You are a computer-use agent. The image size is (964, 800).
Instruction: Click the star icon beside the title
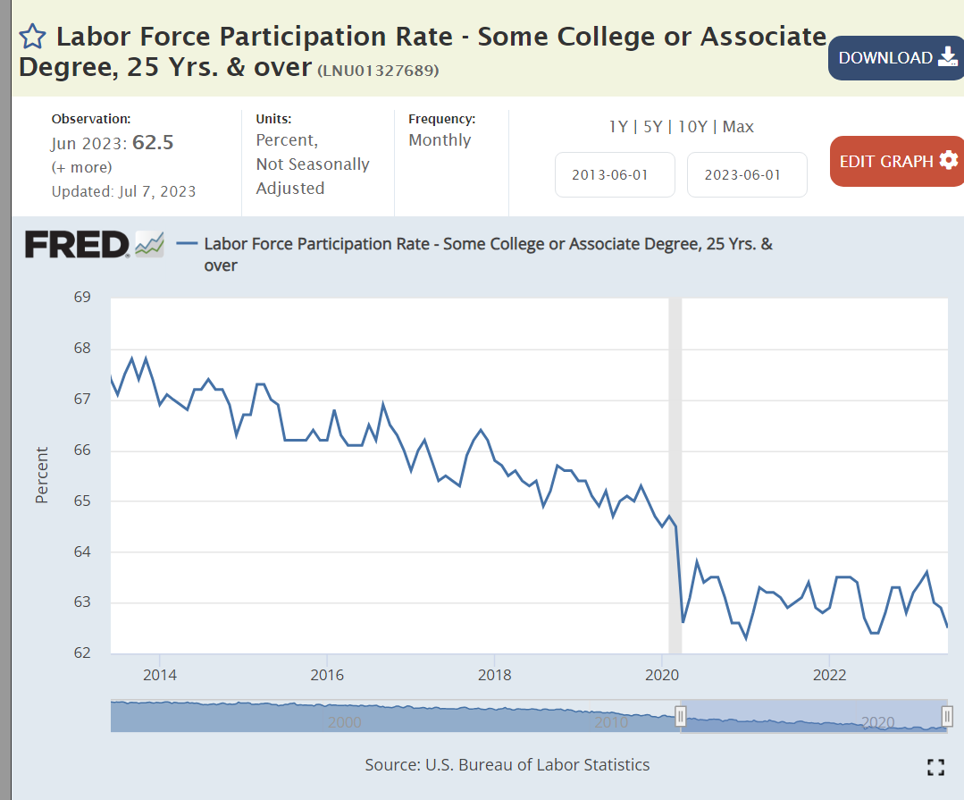32,37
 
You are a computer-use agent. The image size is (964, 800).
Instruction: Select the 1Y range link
618,127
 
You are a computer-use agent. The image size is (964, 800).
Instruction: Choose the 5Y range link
652,127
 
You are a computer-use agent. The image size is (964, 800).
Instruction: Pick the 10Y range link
692,127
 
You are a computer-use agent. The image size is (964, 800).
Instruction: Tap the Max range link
738,127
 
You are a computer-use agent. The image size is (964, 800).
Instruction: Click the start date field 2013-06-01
615,174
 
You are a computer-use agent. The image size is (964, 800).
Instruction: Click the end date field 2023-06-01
747,174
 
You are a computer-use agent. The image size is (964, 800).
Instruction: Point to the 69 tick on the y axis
82,297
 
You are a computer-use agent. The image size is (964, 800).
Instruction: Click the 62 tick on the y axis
82,653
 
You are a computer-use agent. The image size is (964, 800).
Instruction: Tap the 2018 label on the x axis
494,673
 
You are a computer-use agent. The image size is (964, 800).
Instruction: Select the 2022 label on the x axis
830,673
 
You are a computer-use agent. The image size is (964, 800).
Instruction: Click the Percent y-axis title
42,475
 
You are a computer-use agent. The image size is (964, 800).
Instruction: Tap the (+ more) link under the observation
82,167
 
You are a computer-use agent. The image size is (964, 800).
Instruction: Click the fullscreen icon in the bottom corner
935,766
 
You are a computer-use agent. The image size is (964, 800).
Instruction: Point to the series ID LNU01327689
378,71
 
